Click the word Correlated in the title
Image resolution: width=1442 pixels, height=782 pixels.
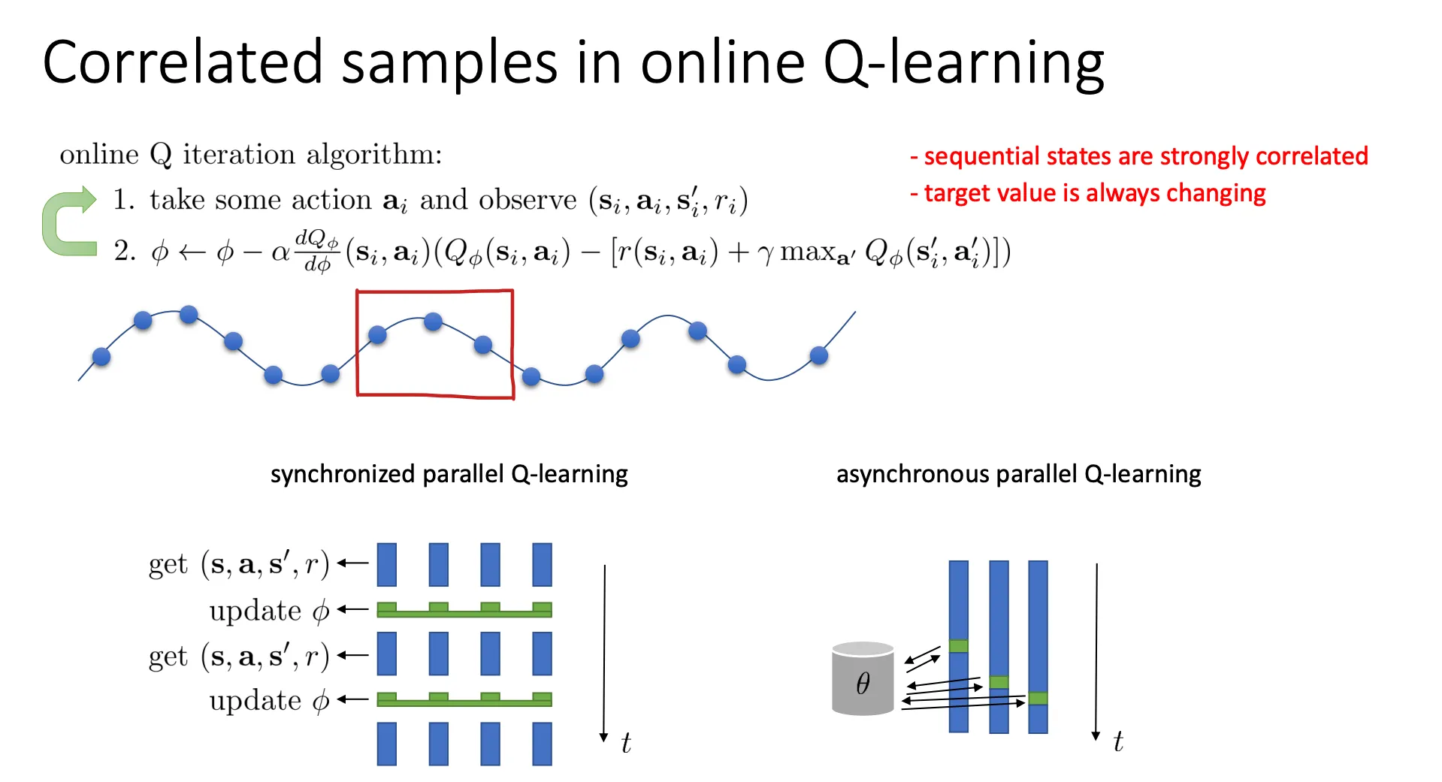click(x=183, y=62)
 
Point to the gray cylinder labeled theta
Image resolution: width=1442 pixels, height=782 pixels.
click(x=863, y=678)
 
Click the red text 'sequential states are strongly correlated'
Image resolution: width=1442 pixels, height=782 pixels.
click(x=1139, y=156)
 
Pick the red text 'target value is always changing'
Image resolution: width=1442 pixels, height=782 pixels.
click(x=1087, y=193)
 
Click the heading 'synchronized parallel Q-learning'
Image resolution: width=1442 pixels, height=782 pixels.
click(x=449, y=474)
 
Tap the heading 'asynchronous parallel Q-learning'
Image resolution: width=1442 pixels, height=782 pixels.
click(x=1018, y=474)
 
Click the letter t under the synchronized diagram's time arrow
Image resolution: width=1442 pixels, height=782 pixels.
click(x=626, y=743)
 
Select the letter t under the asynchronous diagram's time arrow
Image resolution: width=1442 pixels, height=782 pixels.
click(x=1118, y=741)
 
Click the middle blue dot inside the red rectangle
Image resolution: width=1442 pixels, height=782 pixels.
click(x=433, y=322)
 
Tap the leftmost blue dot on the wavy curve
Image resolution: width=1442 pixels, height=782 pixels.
click(x=101, y=357)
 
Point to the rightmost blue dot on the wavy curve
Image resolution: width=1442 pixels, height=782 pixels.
click(x=819, y=355)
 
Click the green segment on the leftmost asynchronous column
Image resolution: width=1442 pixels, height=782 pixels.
click(x=958, y=646)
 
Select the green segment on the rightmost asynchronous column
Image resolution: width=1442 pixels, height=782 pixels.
click(x=1038, y=698)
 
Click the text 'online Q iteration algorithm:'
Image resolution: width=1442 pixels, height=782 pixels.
click(x=251, y=155)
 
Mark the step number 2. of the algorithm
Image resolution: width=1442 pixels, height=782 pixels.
click(x=125, y=251)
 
